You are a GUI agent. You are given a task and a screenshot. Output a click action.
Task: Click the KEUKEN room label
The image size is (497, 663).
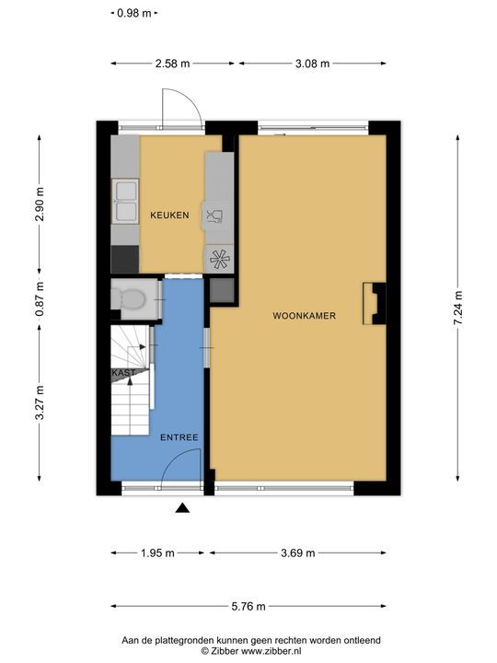(169, 215)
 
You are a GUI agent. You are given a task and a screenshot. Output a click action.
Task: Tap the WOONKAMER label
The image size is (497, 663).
(305, 316)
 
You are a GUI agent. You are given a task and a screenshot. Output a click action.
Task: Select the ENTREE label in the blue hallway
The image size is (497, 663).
(179, 437)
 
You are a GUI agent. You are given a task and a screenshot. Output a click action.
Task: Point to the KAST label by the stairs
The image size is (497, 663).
(124, 373)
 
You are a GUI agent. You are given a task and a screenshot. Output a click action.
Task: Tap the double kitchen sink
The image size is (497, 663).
(125, 202)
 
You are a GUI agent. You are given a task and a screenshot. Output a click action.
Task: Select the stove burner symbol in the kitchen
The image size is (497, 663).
(220, 259)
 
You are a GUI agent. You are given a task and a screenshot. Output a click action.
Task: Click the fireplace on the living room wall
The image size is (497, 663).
(375, 303)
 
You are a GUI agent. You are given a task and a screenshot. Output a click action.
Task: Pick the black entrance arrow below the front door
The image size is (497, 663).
(182, 507)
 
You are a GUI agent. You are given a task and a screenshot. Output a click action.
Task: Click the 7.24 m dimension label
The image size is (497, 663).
(457, 308)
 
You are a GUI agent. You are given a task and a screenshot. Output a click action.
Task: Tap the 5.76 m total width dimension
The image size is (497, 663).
(248, 606)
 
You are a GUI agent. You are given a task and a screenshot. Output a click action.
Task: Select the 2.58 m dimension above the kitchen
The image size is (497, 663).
(172, 64)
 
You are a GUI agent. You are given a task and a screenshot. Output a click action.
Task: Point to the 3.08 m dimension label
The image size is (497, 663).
(312, 64)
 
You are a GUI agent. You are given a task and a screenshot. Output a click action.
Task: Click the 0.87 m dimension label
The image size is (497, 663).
(40, 300)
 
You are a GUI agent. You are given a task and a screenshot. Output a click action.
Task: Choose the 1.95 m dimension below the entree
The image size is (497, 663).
(157, 553)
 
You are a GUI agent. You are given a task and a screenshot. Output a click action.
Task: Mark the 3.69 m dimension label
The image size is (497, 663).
(298, 553)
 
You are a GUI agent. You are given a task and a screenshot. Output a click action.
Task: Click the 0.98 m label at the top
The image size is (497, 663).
(134, 13)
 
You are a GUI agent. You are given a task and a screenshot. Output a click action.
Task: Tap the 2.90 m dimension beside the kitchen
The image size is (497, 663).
(40, 204)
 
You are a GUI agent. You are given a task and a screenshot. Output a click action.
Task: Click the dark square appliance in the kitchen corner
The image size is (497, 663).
(125, 259)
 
